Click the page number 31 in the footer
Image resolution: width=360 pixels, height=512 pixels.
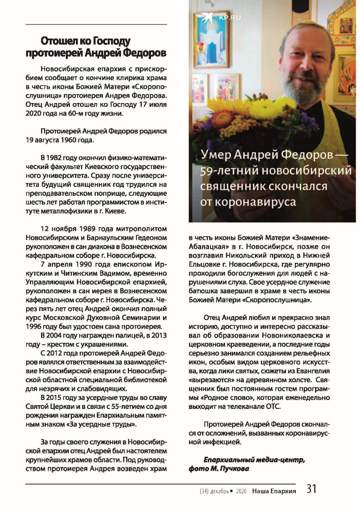click(312, 489)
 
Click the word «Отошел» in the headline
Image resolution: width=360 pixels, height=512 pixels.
click(61, 41)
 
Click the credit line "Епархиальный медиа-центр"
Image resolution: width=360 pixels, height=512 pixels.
click(254, 460)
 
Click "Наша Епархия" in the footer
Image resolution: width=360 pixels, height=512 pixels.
click(274, 491)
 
